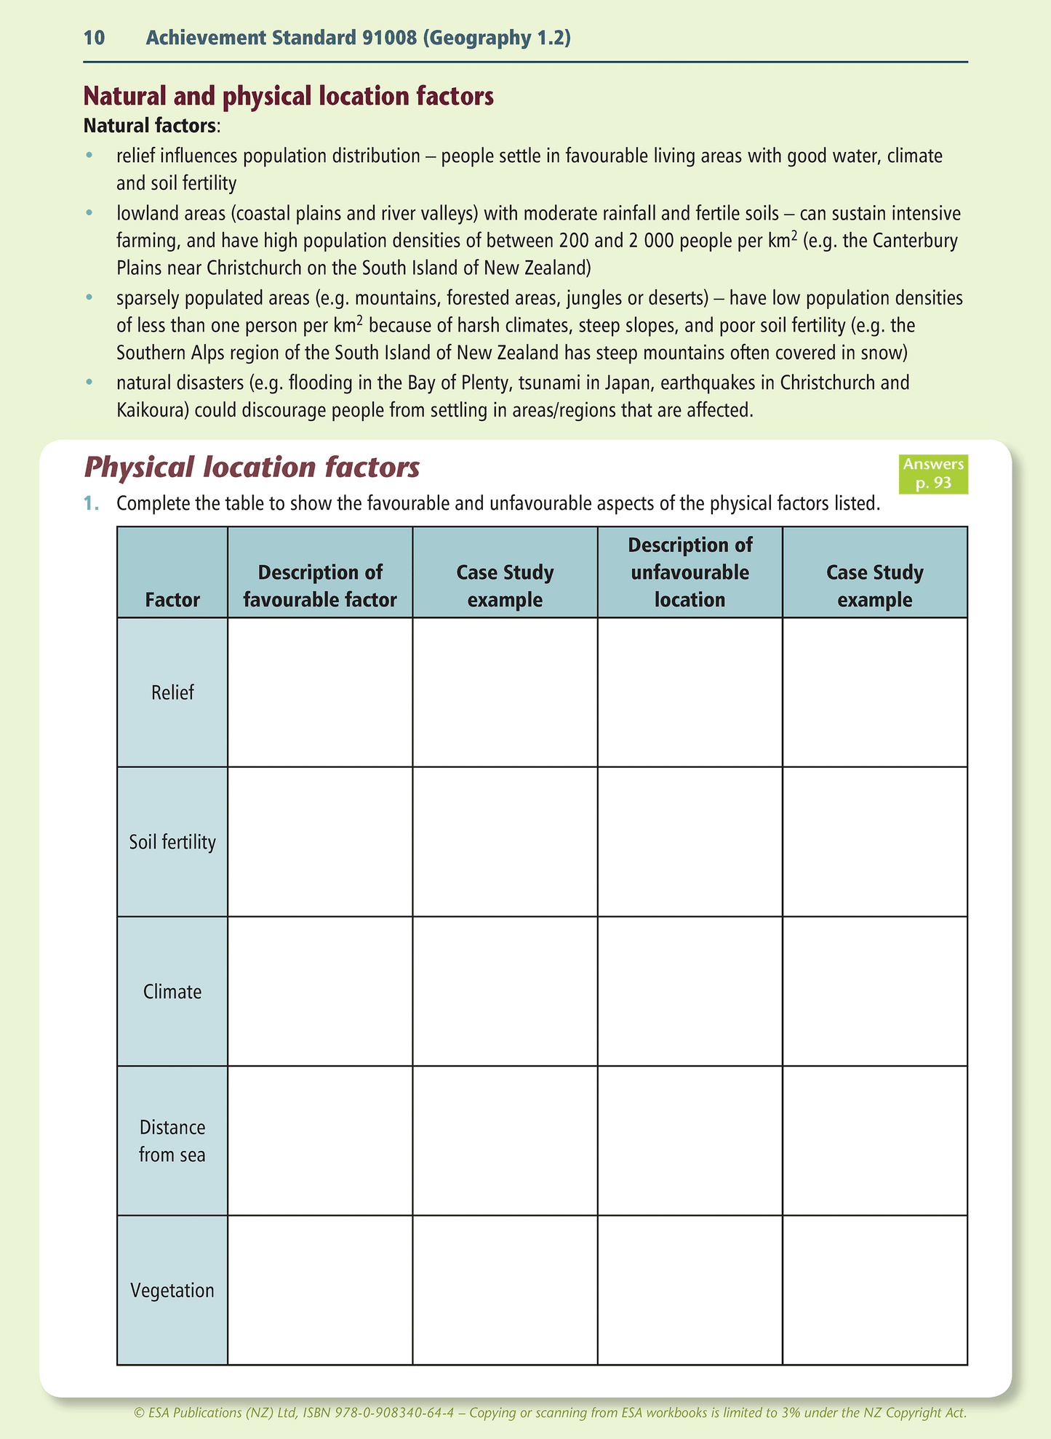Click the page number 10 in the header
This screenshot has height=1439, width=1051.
[x=95, y=38]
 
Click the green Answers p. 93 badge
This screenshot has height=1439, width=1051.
[x=933, y=473]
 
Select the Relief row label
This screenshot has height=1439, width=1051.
[x=172, y=692]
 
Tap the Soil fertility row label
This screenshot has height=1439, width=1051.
[x=172, y=842]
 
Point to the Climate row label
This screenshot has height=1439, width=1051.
[x=172, y=992]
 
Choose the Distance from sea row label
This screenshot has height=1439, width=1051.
[x=172, y=1141]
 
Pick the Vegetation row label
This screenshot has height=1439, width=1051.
[x=172, y=1291]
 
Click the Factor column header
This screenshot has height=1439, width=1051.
[x=172, y=600]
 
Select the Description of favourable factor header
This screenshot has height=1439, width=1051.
[x=320, y=586]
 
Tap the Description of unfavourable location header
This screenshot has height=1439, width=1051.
[x=690, y=572]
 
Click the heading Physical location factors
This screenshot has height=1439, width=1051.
[x=252, y=467]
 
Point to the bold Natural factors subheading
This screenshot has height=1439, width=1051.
[x=150, y=126]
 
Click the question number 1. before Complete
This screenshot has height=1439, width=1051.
[x=91, y=503]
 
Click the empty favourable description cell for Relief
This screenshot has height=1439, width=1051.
[x=320, y=692]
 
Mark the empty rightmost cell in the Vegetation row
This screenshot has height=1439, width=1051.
[x=875, y=1291]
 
